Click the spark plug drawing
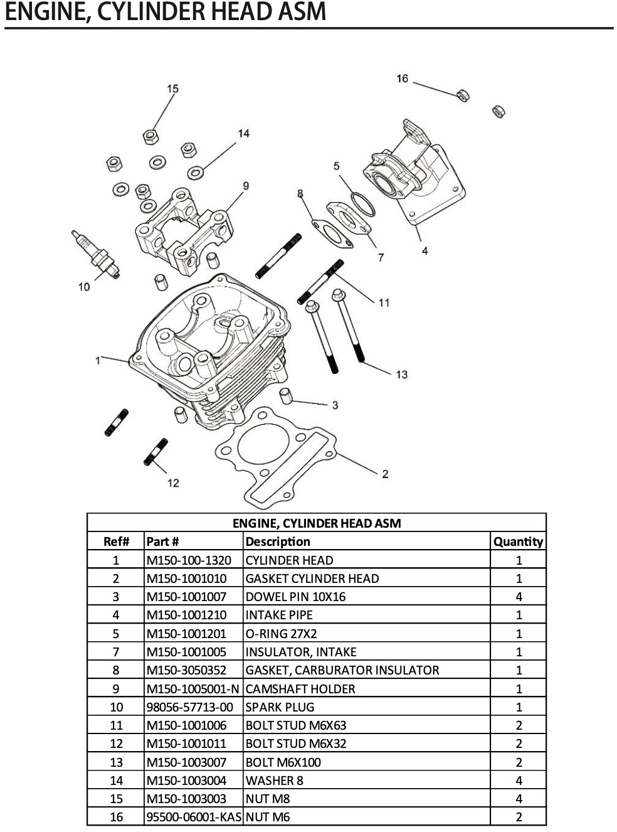tap(96, 255)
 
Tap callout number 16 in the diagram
tap(402, 78)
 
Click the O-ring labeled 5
tap(362, 204)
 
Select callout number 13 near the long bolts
tap(401, 375)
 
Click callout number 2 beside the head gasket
tap(385, 474)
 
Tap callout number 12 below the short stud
tap(173, 483)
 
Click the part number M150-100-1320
tap(189, 560)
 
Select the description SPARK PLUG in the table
tap(280, 707)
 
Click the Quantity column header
tap(518, 541)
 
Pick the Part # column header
tap(163, 541)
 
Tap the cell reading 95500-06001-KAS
tap(193, 817)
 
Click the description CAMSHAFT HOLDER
tap(300, 689)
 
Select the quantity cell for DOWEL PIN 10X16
tap(519, 597)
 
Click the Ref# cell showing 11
tap(116, 725)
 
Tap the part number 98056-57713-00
tap(190, 707)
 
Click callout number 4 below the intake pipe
tap(425, 251)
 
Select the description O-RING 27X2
tap(281, 634)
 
